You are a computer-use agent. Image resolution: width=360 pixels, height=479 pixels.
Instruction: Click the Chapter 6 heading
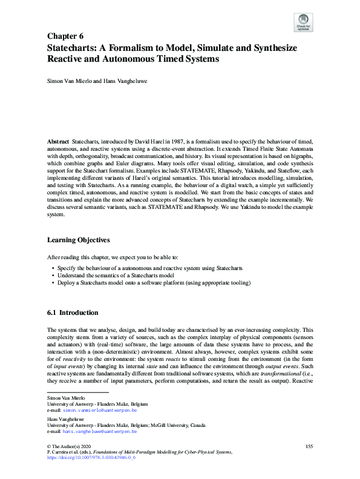(65, 36)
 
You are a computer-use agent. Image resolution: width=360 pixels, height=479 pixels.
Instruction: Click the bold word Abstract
(58, 141)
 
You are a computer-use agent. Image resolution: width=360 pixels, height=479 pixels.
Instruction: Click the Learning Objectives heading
(78, 240)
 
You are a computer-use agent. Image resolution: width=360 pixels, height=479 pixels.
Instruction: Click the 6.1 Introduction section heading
(72, 312)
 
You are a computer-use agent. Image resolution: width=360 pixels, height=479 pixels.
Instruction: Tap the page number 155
(309, 446)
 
